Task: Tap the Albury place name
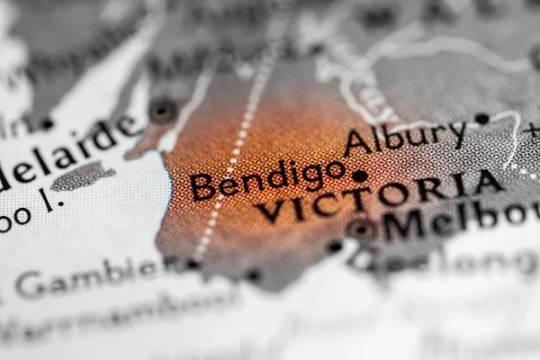click(x=403, y=138)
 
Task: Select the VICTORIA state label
click(x=378, y=197)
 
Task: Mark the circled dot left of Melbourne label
click(x=360, y=229)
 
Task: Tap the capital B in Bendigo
click(x=203, y=188)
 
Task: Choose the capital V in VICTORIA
click(x=270, y=212)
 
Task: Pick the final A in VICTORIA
click(x=489, y=183)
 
